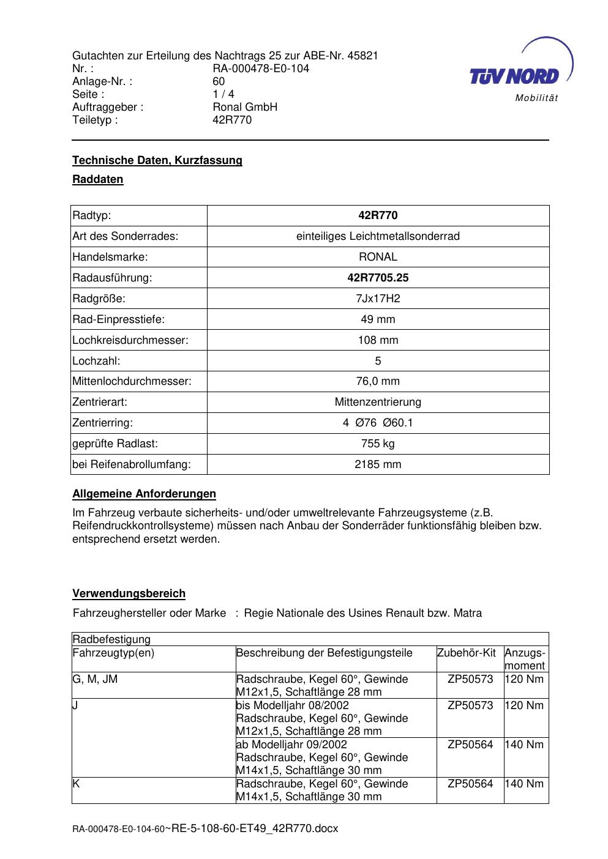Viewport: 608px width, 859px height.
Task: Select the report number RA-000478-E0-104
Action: click(x=261, y=69)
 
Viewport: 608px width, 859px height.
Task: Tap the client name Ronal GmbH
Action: click(x=245, y=107)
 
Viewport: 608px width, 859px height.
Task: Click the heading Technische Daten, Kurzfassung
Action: click(x=157, y=160)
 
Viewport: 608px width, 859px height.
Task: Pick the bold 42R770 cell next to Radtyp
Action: click(x=378, y=215)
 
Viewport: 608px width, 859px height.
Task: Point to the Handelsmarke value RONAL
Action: click(x=378, y=257)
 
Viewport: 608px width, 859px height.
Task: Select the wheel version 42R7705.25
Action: click(x=378, y=278)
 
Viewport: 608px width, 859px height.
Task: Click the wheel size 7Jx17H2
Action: click(x=378, y=299)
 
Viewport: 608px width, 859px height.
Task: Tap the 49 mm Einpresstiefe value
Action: click(x=378, y=319)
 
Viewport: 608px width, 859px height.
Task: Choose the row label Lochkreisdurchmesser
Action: click(x=130, y=340)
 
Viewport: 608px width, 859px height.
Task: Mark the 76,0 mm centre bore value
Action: click(x=378, y=381)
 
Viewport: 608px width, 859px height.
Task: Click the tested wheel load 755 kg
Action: click(x=378, y=444)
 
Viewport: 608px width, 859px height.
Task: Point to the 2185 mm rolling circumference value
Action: click(x=378, y=464)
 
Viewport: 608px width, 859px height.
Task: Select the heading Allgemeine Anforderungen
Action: click(x=144, y=494)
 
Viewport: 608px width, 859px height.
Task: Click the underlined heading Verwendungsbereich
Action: click(x=129, y=593)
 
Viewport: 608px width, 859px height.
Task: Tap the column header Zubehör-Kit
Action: click(x=467, y=653)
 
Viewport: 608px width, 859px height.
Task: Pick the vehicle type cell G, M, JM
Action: click(x=95, y=679)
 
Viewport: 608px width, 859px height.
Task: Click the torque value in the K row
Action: click(x=524, y=784)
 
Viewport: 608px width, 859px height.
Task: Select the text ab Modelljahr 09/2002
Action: click(x=291, y=745)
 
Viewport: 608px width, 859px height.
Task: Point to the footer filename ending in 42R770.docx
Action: click(x=254, y=828)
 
